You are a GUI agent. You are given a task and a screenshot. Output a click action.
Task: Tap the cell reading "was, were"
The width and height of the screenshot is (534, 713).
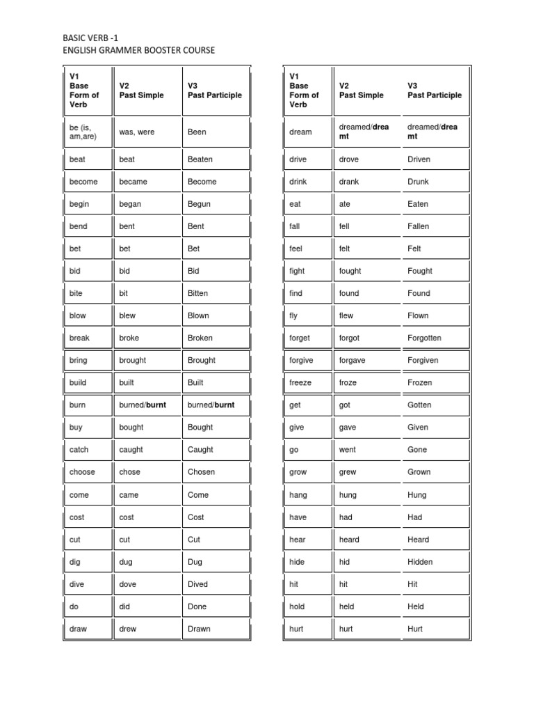(136, 132)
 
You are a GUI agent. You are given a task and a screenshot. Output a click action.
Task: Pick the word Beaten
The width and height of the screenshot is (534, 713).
(200, 159)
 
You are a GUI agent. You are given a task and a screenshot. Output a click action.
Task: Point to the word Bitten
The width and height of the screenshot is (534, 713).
(197, 293)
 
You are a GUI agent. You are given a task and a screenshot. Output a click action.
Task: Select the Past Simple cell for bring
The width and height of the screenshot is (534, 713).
(133, 360)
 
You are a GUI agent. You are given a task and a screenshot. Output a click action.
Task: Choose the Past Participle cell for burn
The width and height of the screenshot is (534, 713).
(211, 405)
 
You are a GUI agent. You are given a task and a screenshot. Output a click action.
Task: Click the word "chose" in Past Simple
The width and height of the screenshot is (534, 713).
(129, 471)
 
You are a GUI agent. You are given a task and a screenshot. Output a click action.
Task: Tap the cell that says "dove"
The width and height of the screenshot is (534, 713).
(128, 584)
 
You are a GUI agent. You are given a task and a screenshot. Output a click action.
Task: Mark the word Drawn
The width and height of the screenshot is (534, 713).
(199, 629)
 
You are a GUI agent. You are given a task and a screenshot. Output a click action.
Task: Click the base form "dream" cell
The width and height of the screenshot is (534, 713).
(300, 132)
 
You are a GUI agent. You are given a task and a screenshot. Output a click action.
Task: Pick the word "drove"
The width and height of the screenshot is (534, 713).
(349, 159)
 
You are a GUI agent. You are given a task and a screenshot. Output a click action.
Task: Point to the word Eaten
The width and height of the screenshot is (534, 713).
(418, 204)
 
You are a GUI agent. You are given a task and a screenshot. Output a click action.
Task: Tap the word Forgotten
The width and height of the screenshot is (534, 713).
(424, 338)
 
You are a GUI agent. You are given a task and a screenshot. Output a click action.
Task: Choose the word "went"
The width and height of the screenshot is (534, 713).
(348, 450)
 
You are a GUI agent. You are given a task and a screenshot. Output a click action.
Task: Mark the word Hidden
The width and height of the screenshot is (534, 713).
(420, 562)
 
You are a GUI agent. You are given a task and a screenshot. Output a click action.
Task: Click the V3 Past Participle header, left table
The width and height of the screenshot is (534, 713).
(215, 91)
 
